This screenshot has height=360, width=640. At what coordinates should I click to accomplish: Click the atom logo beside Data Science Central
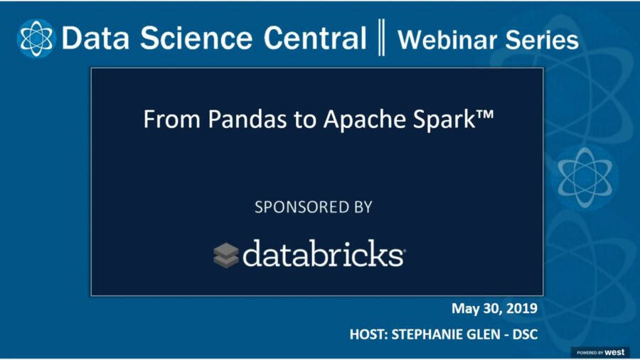click(36, 38)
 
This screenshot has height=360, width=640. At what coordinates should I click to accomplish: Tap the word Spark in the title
click(434, 119)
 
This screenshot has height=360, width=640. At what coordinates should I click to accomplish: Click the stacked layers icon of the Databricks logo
click(226, 255)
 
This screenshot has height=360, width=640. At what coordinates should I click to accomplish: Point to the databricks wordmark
click(324, 253)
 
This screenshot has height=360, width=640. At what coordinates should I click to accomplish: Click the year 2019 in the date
click(520, 309)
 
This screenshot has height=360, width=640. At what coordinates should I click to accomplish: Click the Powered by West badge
click(600, 352)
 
